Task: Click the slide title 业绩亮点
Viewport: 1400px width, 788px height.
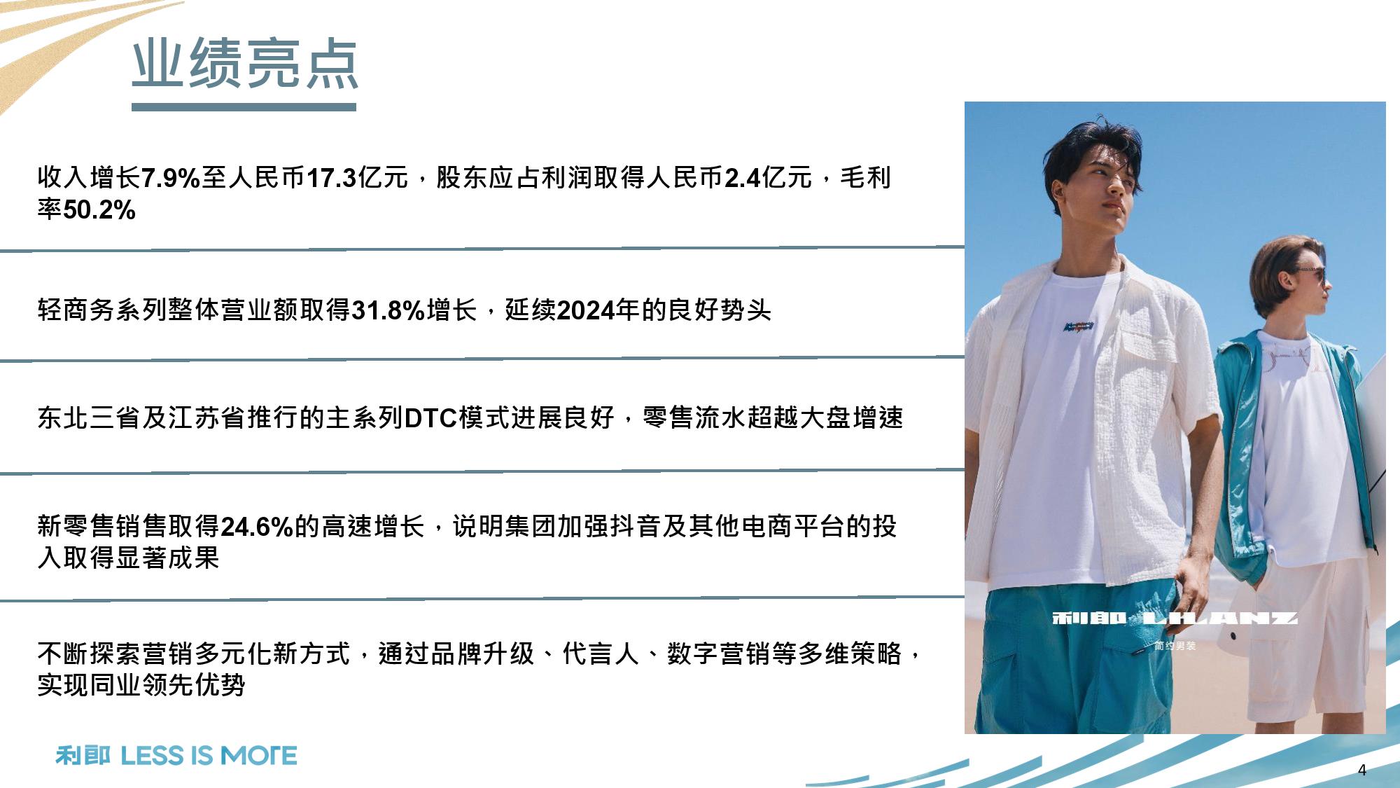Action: coord(245,64)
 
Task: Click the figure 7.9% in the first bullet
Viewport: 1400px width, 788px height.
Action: coord(171,178)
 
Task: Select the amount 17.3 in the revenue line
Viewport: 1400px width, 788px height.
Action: coord(332,178)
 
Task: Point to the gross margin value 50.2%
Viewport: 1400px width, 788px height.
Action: coord(99,209)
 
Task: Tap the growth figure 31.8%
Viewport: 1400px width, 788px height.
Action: coord(388,310)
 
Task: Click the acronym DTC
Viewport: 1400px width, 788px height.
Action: coord(431,418)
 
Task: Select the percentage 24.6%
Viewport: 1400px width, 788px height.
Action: coord(257,527)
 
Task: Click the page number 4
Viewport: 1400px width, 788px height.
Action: coord(1361,770)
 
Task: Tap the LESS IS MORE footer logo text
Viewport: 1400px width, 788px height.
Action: coord(209,756)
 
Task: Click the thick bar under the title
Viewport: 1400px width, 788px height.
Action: coord(244,107)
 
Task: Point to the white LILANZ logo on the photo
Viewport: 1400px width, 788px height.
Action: coord(1175,618)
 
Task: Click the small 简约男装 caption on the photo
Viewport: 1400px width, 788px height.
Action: coord(1175,646)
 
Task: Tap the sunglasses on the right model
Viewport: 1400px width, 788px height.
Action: coord(1312,274)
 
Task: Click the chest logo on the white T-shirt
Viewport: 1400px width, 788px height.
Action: coord(1079,326)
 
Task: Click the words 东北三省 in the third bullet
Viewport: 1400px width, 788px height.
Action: coord(89,418)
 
